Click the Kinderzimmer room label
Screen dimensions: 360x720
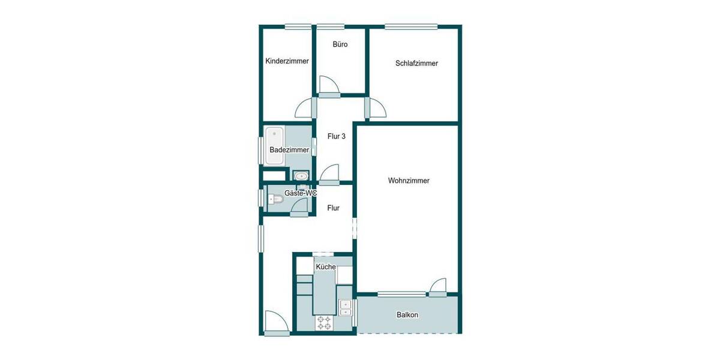point(287,61)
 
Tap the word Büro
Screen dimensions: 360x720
point(340,44)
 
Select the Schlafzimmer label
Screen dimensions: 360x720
point(416,63)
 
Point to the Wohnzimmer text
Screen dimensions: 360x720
point(409,180)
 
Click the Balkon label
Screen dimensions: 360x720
point(407,315)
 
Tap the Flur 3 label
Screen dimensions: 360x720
point(336,136)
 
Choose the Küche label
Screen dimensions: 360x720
point(325,267)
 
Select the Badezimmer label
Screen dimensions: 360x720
point(289,149)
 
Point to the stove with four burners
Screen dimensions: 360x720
point(325,322)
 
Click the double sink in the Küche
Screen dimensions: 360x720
point(345,307)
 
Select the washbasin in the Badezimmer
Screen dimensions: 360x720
point(301,176)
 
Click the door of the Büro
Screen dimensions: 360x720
point(329,86)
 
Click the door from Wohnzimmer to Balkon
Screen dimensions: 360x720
point(437,287)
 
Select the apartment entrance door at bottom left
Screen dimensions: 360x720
point(277,322)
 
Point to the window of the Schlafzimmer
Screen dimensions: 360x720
point(411,26)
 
